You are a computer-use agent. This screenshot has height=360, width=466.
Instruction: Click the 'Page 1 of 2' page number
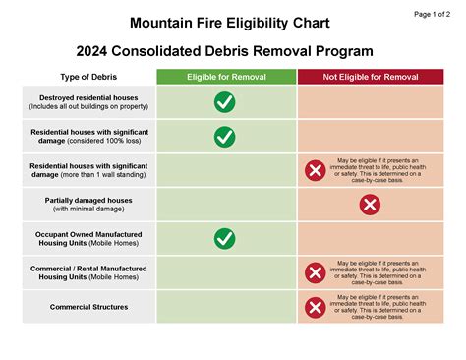(434, 14)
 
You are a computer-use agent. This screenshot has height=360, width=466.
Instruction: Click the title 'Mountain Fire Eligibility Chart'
(229, 22)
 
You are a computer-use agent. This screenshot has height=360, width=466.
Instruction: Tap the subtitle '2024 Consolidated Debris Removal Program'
(230, 50)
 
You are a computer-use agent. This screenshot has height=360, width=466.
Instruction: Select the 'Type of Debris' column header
(89, 77)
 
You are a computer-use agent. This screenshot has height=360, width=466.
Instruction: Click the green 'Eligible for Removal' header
(225, 77)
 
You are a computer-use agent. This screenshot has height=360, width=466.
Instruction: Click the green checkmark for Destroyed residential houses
(225, 101)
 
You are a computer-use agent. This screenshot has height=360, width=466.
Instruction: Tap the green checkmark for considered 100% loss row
(225, 136)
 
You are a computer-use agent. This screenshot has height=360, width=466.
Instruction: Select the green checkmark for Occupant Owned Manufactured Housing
(225, 238)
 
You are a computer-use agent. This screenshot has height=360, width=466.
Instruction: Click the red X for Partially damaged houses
(370, 205)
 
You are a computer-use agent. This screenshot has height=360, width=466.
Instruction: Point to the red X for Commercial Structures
(315, 307)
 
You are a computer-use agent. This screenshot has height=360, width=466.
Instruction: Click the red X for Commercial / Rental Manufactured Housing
(315, 272)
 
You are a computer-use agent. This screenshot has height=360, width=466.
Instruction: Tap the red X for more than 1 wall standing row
(315, 170)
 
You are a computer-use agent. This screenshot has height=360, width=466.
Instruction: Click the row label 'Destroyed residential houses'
(89, 97)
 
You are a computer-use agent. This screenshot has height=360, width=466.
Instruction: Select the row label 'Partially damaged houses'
(89, 200)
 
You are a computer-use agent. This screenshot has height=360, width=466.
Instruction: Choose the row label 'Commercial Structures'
(89, 307)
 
